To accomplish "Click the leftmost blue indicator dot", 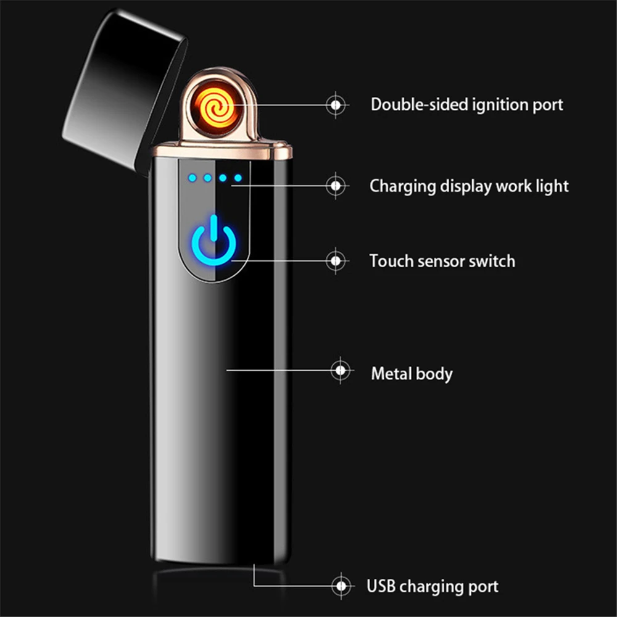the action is coord(193,179).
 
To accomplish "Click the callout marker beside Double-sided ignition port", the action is coord(336,105).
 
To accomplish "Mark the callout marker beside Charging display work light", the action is coord(336,184).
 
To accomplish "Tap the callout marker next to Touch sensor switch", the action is coord(336,260).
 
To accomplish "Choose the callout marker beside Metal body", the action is coord(339,370).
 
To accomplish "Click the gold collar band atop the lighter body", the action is coord(221,149).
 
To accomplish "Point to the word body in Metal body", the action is coord(434,374).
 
